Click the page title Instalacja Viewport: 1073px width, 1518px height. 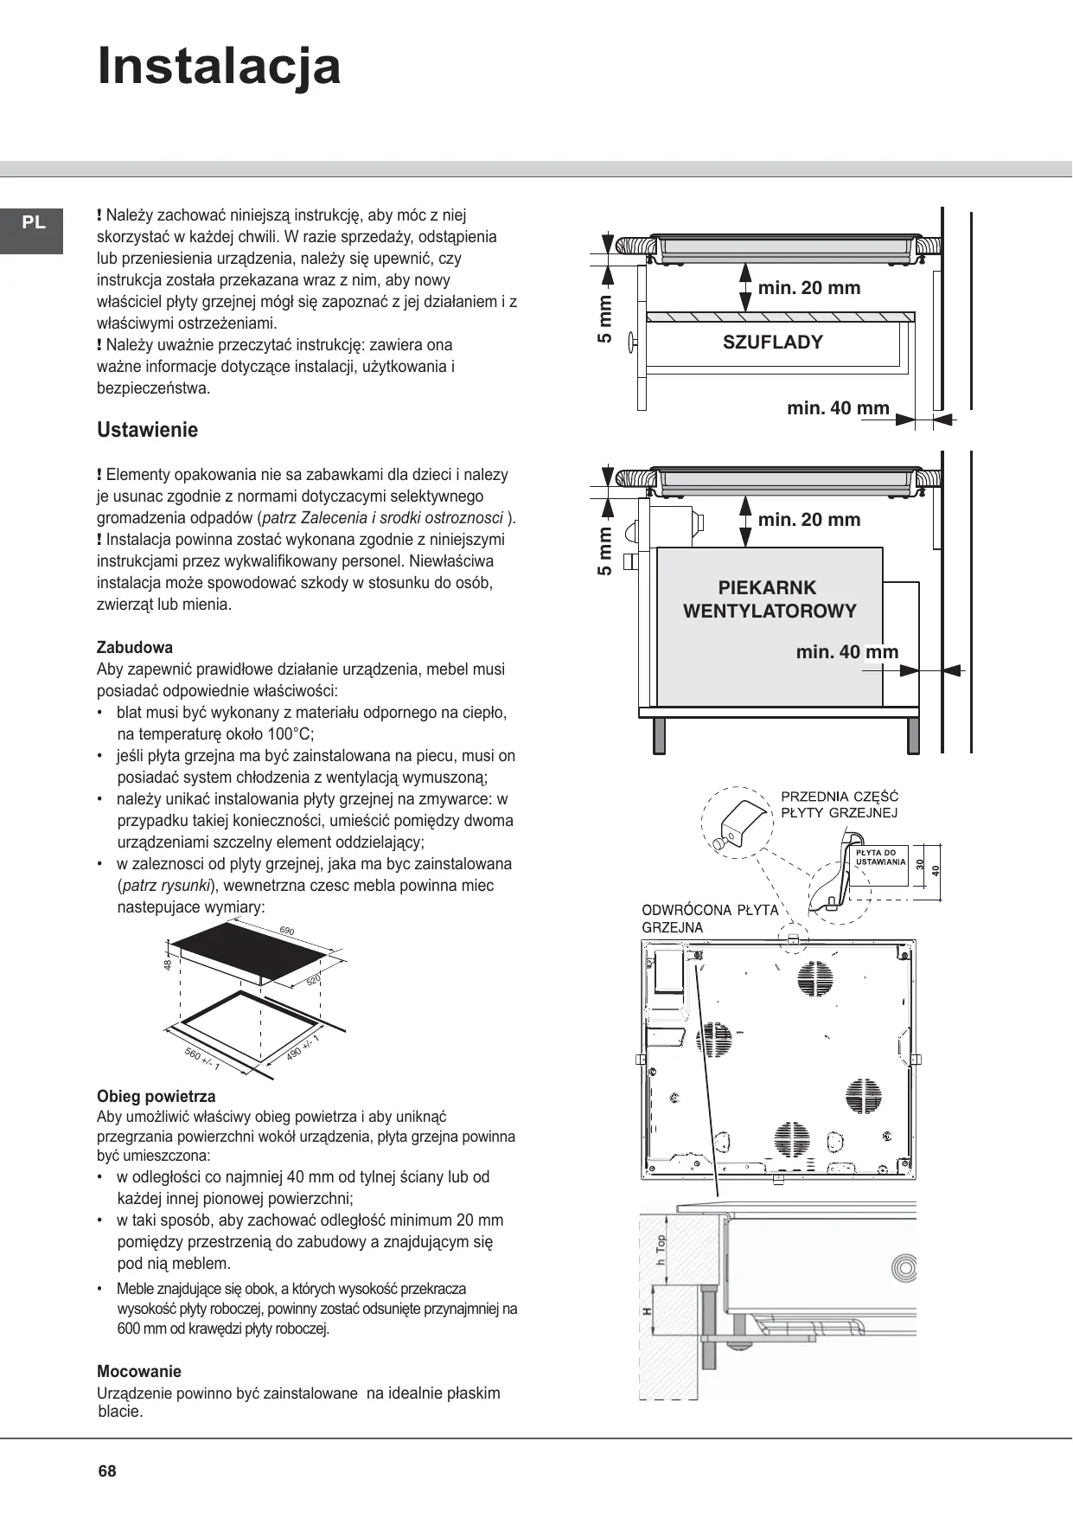[219, 67]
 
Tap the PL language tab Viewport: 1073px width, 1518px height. [34, 223]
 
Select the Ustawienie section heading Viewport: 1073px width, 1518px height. [147, 430]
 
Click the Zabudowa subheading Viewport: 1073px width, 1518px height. [135, 647]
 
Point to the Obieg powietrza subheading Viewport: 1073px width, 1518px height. [156, 1096]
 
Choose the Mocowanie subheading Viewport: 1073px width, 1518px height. [139, 1371]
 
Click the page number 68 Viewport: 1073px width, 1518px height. [107, 1471]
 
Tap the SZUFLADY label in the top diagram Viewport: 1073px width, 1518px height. [772, 342]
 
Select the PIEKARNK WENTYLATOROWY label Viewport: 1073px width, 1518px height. [770, 599]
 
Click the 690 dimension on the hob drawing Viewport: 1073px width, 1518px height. [287, 932]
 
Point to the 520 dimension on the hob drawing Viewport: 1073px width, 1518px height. [313, 980]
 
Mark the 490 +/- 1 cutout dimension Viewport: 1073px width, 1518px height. [302, 1047]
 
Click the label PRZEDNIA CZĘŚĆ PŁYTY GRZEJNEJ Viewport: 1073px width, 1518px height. [839, 804]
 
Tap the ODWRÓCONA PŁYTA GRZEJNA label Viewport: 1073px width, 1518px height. [709, 919]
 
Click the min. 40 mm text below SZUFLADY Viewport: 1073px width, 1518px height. [838, 408]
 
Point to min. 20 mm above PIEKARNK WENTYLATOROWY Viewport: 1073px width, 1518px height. [808, 520]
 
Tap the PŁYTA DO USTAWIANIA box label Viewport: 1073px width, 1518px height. [880, 857]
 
